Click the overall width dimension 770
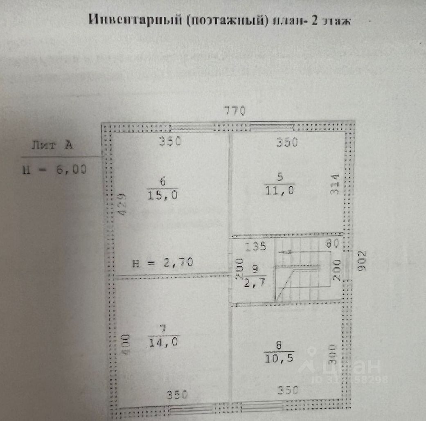234,110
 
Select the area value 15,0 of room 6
162,195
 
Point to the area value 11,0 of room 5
280,190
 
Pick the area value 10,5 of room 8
279,358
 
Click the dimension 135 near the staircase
256,246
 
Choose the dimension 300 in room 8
332,354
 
